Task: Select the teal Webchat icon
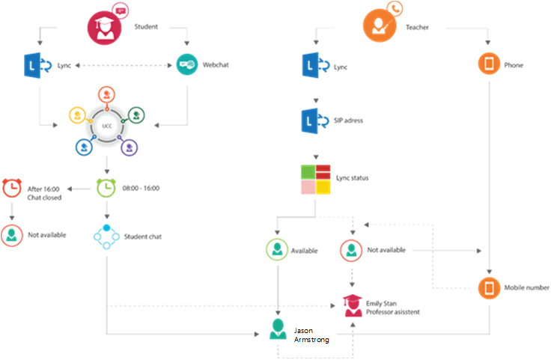coord(186,65)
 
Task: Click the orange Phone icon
coord(489,65)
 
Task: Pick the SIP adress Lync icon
coord(310,120)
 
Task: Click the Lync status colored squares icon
coord(315,179)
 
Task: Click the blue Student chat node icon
coord(107,236)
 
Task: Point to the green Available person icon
coord(278,250)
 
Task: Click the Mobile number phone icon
coord(490,287)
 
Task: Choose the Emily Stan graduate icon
coord(351,305)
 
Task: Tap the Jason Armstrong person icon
coord(278,329)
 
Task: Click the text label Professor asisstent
coord(393,311)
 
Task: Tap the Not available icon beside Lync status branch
coord(351,250)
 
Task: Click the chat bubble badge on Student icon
coord(120,10)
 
